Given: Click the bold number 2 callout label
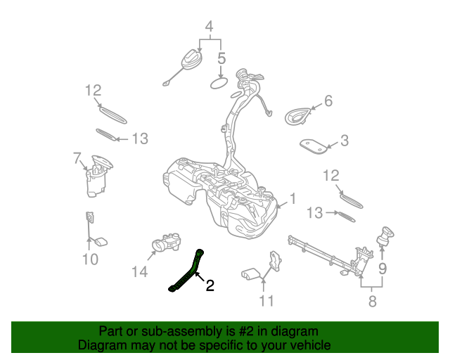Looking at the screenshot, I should pyautogui.click(x=209, y=285).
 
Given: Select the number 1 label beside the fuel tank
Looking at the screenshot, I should pyautogui.click(x=293, y=199).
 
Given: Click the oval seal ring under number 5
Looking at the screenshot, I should pyautogui.click(x=221, y=84).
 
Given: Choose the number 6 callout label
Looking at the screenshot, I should pyautogui.click(x=327, y=101).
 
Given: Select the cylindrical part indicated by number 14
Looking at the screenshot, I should pyautogui.click(x=166, y=244).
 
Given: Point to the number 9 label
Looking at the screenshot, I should pyautogui.click(x=382, y=268).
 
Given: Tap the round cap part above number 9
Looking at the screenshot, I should pyautogui.click(x=385, y=236).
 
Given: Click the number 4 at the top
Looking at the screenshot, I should pyautogui.click(x=209, y=27).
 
